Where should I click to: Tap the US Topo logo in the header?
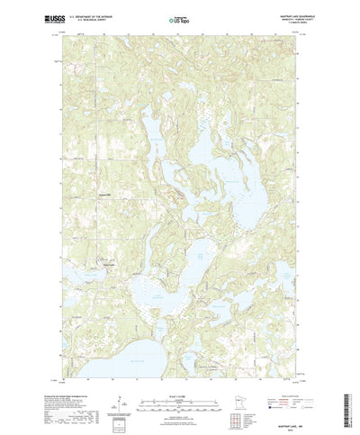(180, 18)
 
